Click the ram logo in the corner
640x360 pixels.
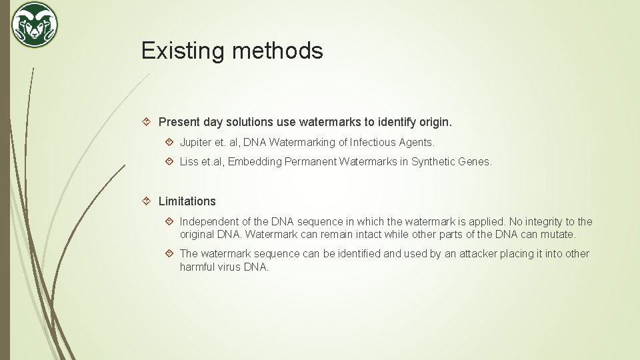pos(35,25)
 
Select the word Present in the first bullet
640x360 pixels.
pos(179,122)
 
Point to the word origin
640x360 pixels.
pos(435,122)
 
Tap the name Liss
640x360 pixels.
pos(189,161)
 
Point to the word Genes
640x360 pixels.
pos(475,161)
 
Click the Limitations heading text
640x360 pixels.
pos(187,201)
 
